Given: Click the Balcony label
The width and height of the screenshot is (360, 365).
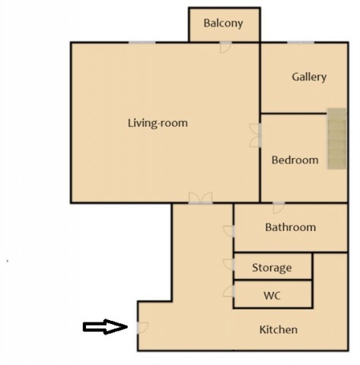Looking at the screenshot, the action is pos(223,24).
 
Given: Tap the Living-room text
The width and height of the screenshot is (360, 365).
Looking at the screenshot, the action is pos(158,123).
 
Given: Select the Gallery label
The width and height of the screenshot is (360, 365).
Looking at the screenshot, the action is pos(309,77).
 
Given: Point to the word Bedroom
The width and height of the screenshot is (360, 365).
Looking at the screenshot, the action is pos(295,160).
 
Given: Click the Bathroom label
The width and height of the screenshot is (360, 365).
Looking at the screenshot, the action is pos(291,227).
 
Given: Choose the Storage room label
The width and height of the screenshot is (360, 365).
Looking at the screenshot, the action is pos(272,268).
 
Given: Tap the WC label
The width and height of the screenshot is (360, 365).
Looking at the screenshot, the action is pos(272,296).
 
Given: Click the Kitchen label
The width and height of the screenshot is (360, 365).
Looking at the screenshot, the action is pos(279,330).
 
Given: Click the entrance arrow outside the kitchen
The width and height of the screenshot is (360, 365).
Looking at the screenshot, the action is pos(105,327).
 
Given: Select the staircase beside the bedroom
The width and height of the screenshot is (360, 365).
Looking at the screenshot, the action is pos(336,138).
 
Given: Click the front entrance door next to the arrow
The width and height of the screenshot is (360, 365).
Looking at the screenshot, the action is pos(142,328).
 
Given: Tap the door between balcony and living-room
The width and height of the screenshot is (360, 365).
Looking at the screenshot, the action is pos(225,47).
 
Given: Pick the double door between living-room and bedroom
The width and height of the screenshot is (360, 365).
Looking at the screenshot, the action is pos(255,135).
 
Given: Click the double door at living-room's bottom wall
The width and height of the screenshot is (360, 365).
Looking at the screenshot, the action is pos(200,198).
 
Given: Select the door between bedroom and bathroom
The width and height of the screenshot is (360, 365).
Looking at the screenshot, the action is pos(279,208).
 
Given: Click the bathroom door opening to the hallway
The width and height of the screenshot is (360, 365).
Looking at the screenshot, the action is pos(228,231).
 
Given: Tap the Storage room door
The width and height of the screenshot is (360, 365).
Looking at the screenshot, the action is pos(228,265).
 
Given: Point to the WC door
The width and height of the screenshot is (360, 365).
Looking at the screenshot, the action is pos(228,291).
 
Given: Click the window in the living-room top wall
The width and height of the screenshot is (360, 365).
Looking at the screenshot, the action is pos(142,43).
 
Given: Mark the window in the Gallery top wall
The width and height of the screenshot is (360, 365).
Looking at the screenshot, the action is pos(301,43).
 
